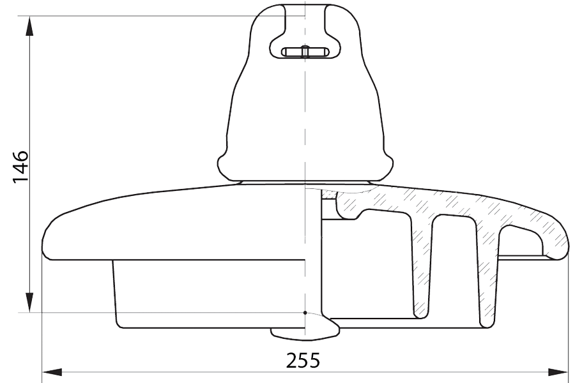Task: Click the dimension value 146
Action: click(x=21, y=166)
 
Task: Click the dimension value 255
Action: click(x=303, y=360)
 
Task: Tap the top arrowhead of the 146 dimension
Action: click(x=29, y=26)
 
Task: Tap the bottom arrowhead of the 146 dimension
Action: click(x=29, y=303)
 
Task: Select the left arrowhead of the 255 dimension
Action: click(x=52, y=372)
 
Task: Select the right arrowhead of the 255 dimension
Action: click(x=557, y=372)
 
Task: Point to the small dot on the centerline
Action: click(x=305, y=313)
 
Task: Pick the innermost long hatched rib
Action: click(x=420, y=264)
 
